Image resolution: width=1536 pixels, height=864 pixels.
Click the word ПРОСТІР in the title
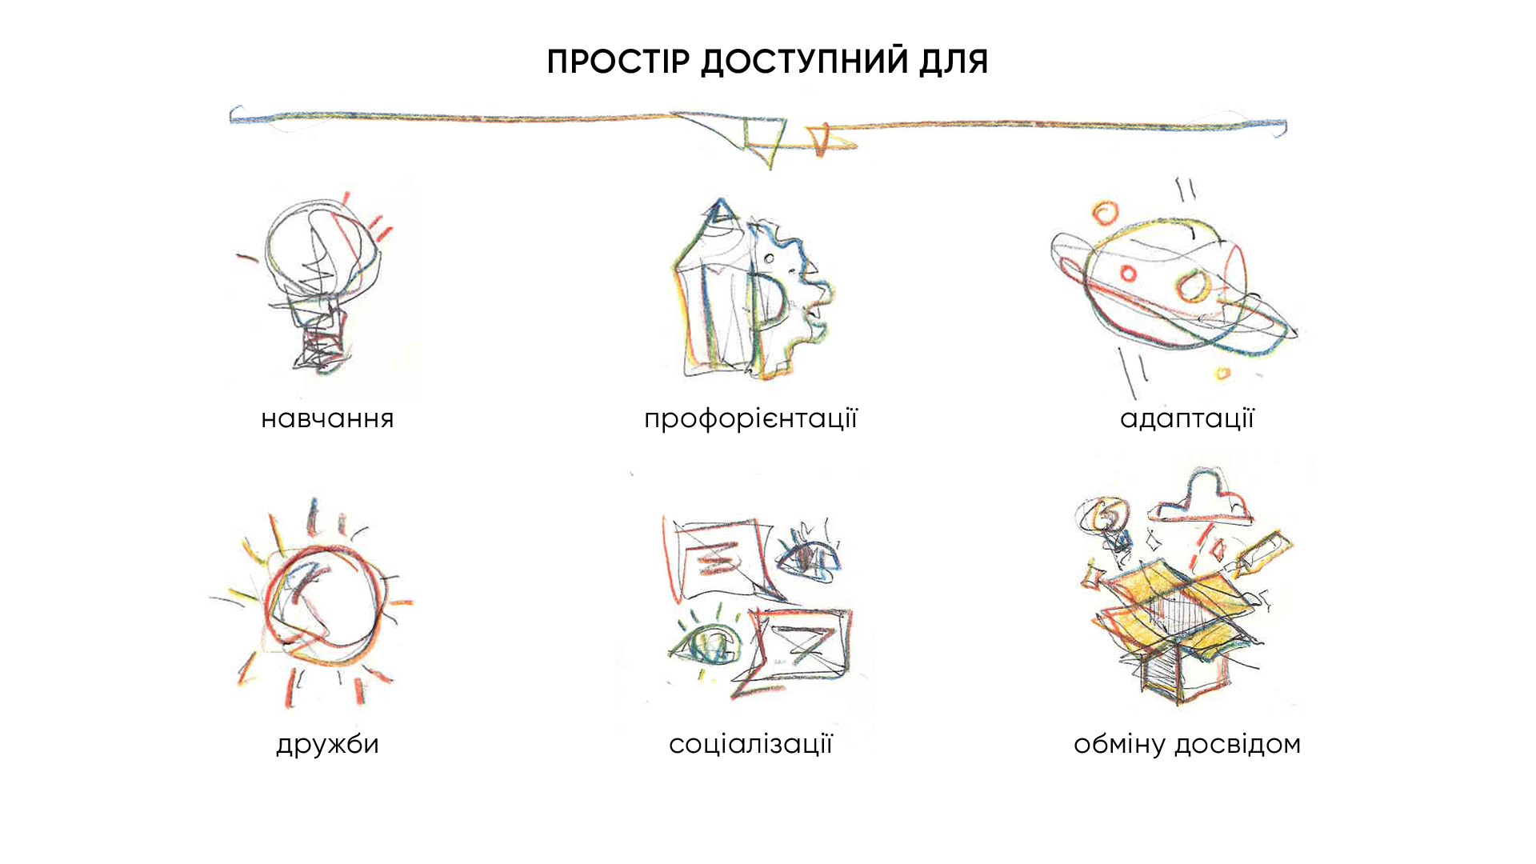click(x=618, y=62)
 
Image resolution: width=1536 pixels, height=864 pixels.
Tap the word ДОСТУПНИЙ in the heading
click(x=804, y=62)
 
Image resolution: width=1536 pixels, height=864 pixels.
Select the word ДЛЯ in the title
click(x=954, y=62)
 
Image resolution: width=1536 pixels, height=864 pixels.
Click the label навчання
click(x=327, y=418)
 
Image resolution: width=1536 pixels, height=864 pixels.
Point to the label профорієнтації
click(x=750, y=419)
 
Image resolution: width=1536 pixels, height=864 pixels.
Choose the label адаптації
click(x=1187, y=418)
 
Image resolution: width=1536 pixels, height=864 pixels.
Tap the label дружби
click(x=327, y=744)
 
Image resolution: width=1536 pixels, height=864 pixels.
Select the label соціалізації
click(x=750, y=744)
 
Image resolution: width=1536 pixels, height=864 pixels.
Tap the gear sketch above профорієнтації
click(x=792, y=296)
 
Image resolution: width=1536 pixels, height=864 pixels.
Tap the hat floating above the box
click(x=1201, y=497)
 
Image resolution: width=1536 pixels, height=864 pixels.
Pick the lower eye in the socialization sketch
click(x=708, y=644)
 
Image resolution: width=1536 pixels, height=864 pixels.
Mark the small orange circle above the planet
click(x=1106, y=213)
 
